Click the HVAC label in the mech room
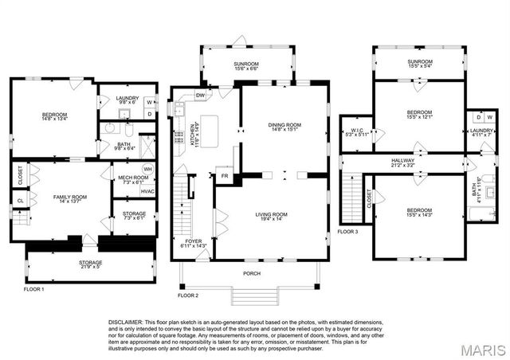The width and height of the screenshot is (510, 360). [x=147, y=191]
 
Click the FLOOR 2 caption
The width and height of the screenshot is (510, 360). [x=187, y=295]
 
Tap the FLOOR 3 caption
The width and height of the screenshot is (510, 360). [x=349, y=232]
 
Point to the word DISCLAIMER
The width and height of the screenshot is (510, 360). [x=127, y=322]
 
